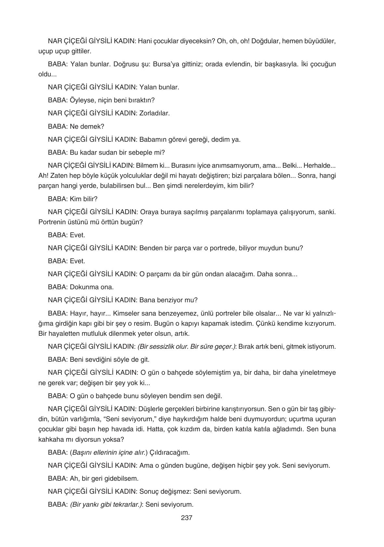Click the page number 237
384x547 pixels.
point(187,518)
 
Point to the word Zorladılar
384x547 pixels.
point(154,113)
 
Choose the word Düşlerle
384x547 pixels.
point(152,409)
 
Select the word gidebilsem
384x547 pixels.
point(122,478)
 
